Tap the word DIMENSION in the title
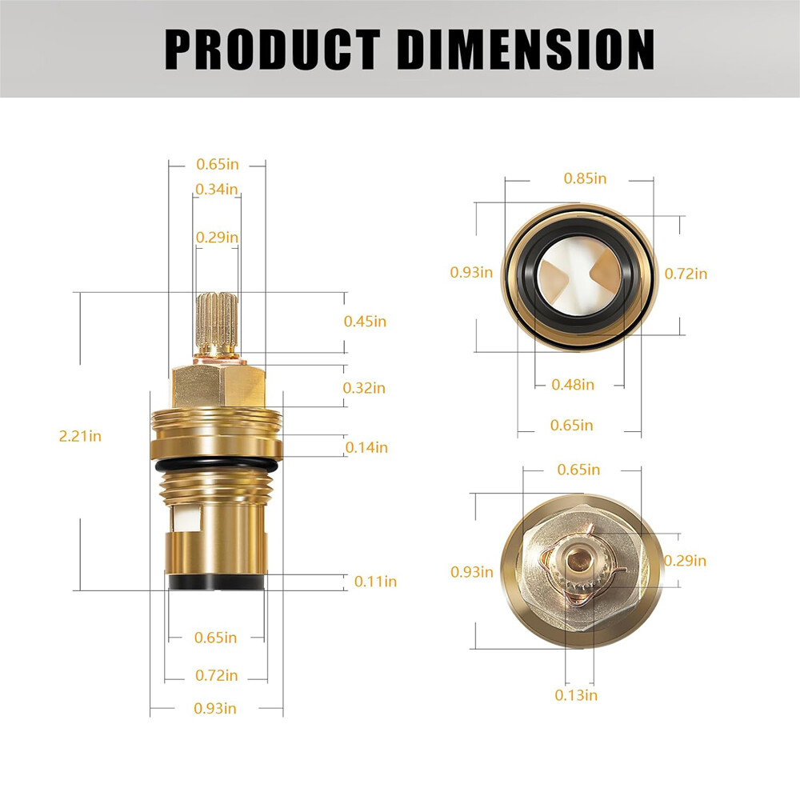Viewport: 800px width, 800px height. point(526,50)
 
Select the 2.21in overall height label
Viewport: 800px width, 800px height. point(80,436)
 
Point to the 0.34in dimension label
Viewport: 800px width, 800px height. point(217,189)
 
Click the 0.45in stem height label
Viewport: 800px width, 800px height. point(365,321)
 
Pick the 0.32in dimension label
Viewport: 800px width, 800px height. point(364,387)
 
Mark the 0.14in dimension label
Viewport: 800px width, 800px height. point(366,447)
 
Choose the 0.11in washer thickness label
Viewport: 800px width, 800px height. point(375,581)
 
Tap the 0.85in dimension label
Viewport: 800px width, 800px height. point(585,178)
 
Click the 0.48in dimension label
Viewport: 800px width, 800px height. point(573,384)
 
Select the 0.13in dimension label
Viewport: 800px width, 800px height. point(576,694)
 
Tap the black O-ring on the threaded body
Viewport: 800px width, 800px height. point(217,465)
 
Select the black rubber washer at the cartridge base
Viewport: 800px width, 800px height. point(216,582)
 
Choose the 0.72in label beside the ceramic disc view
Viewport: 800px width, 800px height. point(686,274)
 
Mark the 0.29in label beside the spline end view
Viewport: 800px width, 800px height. point(686,560)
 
